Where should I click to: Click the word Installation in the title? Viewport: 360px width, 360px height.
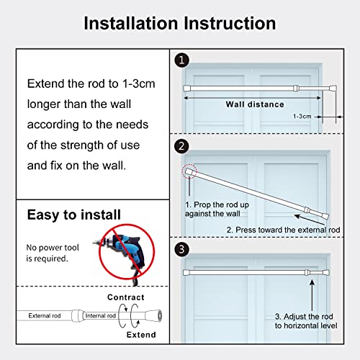[x=131, y=23]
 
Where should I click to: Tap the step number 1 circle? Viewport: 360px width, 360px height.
[x=181, y=60]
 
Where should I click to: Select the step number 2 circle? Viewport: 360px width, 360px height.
[x=181, y=146]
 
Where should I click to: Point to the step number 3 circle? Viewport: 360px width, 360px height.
[x=181, y=249]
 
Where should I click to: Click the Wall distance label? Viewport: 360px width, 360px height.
[x=255, y=104]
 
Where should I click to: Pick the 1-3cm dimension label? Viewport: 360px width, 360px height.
[x=302, y=117]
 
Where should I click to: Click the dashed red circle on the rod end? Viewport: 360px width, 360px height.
[x=189, y=171]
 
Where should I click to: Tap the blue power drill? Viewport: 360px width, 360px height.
[x=122, y=254]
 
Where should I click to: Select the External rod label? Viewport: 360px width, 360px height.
[x=45, y=315]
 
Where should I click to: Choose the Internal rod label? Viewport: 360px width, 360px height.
[x=101, y=315]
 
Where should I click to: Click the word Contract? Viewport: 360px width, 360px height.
[x=126, y=297]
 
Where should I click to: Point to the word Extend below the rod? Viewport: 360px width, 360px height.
[x=141, y=335]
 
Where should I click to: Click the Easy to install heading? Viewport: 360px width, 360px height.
[x=74, y=215]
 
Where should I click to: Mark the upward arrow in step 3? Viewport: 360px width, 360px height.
[x=312, y=295]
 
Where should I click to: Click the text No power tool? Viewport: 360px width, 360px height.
[x=53, y=248]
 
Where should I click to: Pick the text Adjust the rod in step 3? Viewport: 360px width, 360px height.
[x=308, y=316]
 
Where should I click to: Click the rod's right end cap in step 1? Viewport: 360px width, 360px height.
[x=333, y=88]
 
